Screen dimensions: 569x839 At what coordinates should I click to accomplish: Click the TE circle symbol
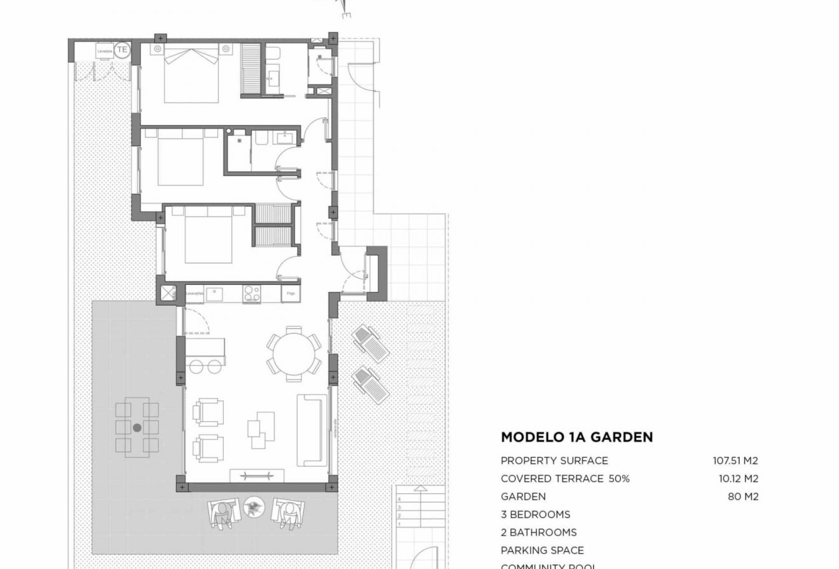click(123, 50)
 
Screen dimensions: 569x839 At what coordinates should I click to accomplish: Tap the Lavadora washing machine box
click(104, 50)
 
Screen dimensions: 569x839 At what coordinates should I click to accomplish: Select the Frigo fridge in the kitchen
click(290, 294)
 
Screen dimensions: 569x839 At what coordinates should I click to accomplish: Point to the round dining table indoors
click(294, 353)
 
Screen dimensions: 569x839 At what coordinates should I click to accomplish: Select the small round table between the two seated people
click(255, 507)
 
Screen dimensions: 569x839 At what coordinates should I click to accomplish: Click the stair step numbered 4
click(399, 500)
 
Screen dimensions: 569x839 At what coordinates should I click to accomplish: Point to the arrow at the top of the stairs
click(419, 489)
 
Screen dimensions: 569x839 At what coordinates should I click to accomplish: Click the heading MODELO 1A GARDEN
click(576, 437)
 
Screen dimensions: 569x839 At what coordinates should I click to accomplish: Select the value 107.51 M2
click(735, 461)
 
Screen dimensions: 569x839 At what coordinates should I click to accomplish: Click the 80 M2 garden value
click(742, 497)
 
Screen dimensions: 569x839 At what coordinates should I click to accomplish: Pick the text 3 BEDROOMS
click(535, 514)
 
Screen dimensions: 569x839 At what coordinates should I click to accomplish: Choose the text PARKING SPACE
click(542, 550)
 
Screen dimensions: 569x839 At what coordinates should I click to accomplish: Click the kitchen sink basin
click(214, 293)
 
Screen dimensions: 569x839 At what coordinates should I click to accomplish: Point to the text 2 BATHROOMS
click(538, 532)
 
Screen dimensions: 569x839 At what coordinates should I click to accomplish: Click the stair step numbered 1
click(399, 524)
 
